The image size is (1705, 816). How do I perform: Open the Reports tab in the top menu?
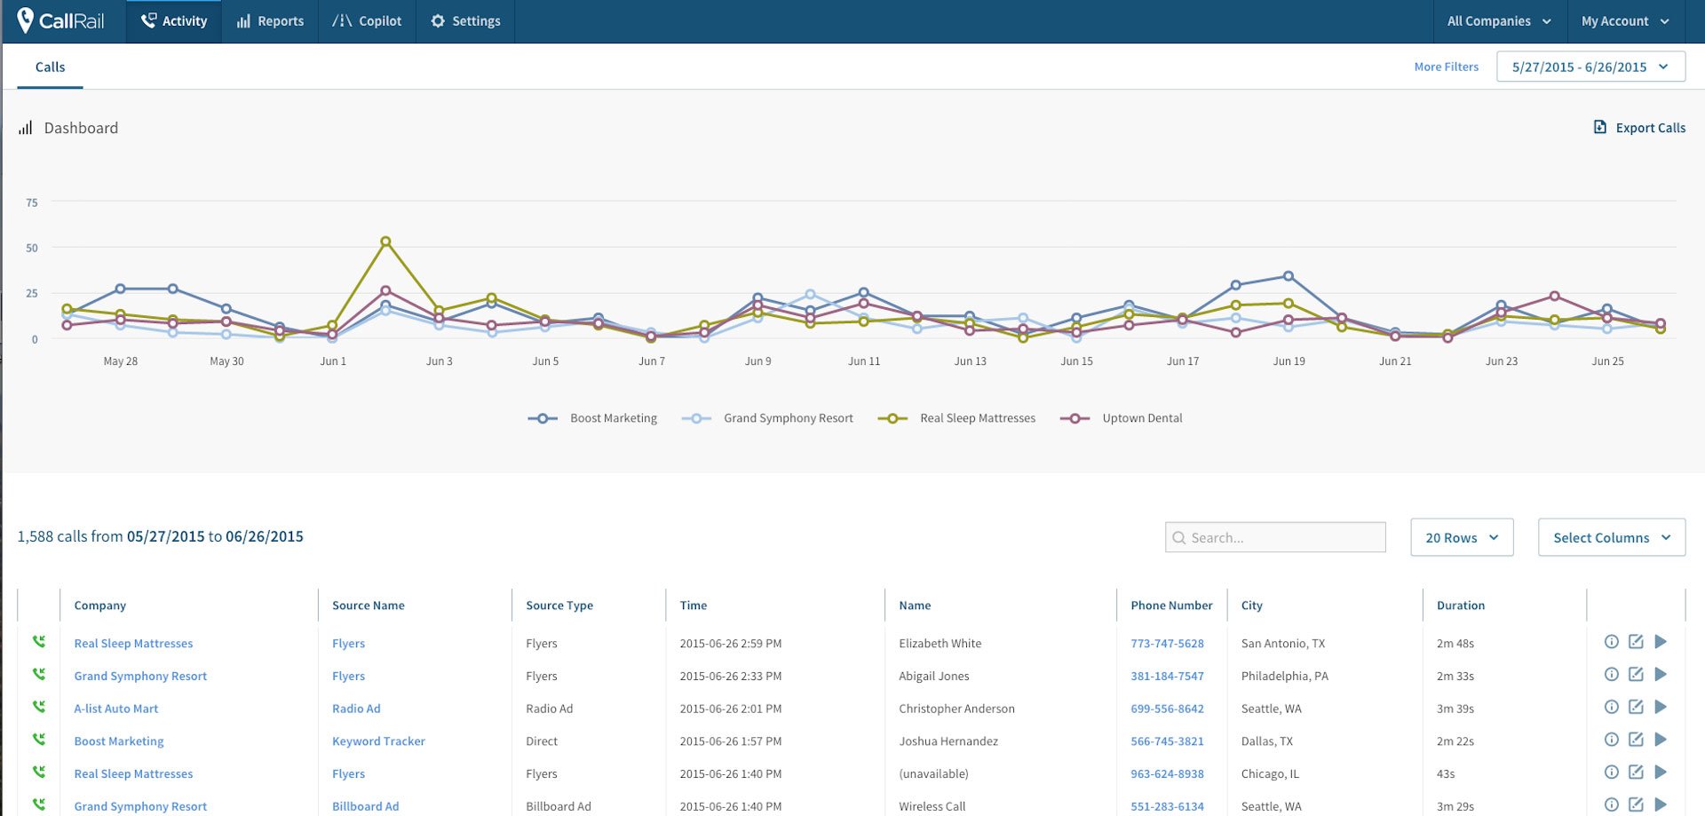click(x=270, y=21)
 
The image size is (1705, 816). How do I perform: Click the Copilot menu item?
click(x=367, y=21)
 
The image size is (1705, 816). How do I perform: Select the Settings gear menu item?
click(x=465, y=21)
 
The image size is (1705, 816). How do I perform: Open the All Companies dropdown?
click(x=1499, y=21)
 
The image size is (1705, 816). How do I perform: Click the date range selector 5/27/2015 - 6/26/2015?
click(x=1590, y=67)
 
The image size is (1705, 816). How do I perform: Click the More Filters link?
click(x=1446, y=67)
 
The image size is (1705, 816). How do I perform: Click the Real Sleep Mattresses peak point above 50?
click(x=385, y=242)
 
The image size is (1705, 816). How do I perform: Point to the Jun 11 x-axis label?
click(x=863, y=361)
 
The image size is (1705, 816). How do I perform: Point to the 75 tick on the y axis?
click(x=32, y=202)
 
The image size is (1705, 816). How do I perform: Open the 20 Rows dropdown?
click(x=1461, y=537)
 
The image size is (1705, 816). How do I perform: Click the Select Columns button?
click(x=1611, y=537)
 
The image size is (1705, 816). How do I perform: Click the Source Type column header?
click(x=559, y=606)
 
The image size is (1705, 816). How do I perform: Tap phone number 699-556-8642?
click(x=1167, y=709)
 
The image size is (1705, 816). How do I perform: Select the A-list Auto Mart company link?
click(x=116, y=709)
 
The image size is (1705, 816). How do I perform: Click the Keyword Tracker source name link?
click(x=378, y=741)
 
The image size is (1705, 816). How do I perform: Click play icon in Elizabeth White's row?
click(x=1661, y=642)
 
